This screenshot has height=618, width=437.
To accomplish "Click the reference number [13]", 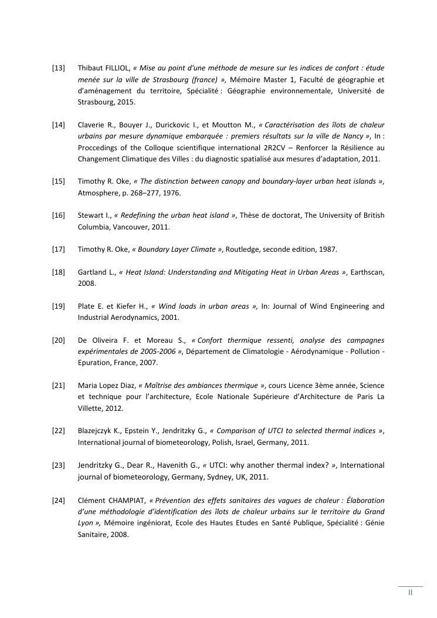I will [59, 68].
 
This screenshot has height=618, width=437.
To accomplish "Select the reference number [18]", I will [59, 272].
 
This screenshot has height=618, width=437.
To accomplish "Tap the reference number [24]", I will [59, 500].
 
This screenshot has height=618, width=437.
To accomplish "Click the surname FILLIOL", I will [116, 68].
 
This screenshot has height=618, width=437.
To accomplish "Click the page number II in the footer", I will [410, 592].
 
